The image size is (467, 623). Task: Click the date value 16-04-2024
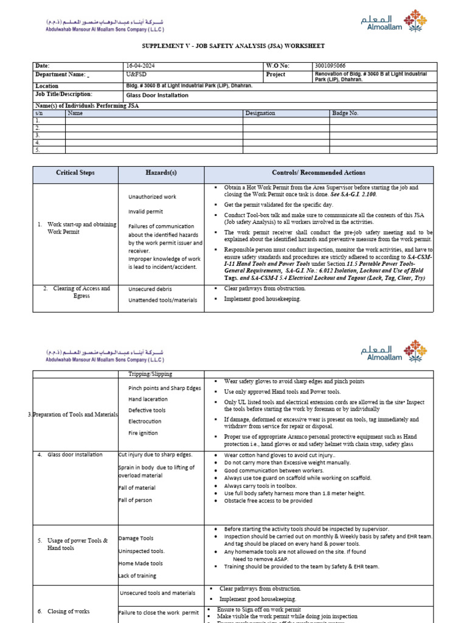click(x=140, y=65)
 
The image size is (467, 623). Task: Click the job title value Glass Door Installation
click(x=157, y=96)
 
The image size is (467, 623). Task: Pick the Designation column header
click(x=260, y=113)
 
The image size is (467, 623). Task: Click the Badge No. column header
click(x=345, y=113)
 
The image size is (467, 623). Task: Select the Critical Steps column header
click(x=75, y=173)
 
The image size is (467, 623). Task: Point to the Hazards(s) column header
click(x=161, y=173)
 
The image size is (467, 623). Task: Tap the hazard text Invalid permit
click(x=145, y=212)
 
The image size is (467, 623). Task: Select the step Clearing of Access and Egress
click(x=76, y=292)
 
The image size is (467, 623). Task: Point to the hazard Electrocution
click(x=145, y=422)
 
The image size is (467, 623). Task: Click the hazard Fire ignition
click(x=143, y=433)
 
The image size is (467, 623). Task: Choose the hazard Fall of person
click(x=136, y=500)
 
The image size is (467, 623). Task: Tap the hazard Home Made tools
click(x=140, y=563)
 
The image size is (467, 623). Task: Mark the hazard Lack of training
click(x=137, y=576)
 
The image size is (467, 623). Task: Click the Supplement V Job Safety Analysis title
click(x=233, y=46)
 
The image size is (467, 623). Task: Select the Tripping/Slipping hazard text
click(x=150, y=374)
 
